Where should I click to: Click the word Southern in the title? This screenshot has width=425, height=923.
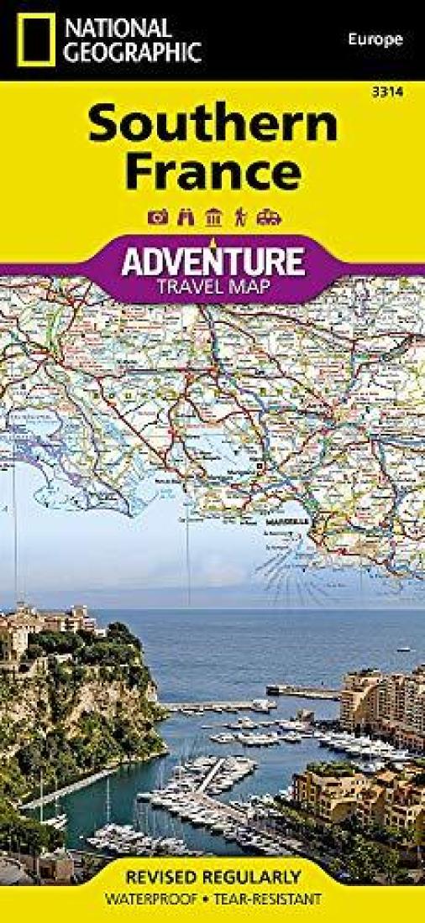213,126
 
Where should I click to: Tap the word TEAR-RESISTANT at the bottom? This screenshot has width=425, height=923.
268,900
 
